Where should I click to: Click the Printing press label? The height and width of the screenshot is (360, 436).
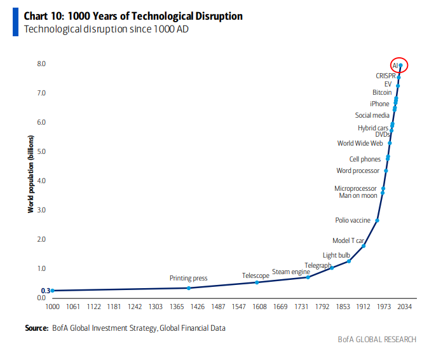coord(188,279)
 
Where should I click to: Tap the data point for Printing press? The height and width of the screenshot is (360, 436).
coord(189,288)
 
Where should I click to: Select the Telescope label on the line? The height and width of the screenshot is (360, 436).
coord(255,275)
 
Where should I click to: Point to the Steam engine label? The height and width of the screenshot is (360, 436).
coord(291,272)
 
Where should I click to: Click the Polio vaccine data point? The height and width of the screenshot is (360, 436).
coord(378,221)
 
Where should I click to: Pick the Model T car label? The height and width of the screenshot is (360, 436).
coord(348,240)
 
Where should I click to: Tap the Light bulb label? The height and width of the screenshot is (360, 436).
coord(336,255)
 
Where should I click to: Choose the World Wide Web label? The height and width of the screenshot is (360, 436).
coord(360,143)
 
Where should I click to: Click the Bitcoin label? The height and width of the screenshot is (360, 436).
coord(382,92)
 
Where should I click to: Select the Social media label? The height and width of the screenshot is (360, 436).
coord(372,115)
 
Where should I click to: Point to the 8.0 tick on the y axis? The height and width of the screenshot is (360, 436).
coord(41,64)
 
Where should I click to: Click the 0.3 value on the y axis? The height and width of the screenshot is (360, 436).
coord(45,291)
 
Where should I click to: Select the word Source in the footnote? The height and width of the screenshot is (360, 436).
coord(36,328)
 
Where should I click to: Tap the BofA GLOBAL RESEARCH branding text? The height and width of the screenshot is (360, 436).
coord(376,340)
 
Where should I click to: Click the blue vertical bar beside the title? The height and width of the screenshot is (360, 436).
coord(15,22)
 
